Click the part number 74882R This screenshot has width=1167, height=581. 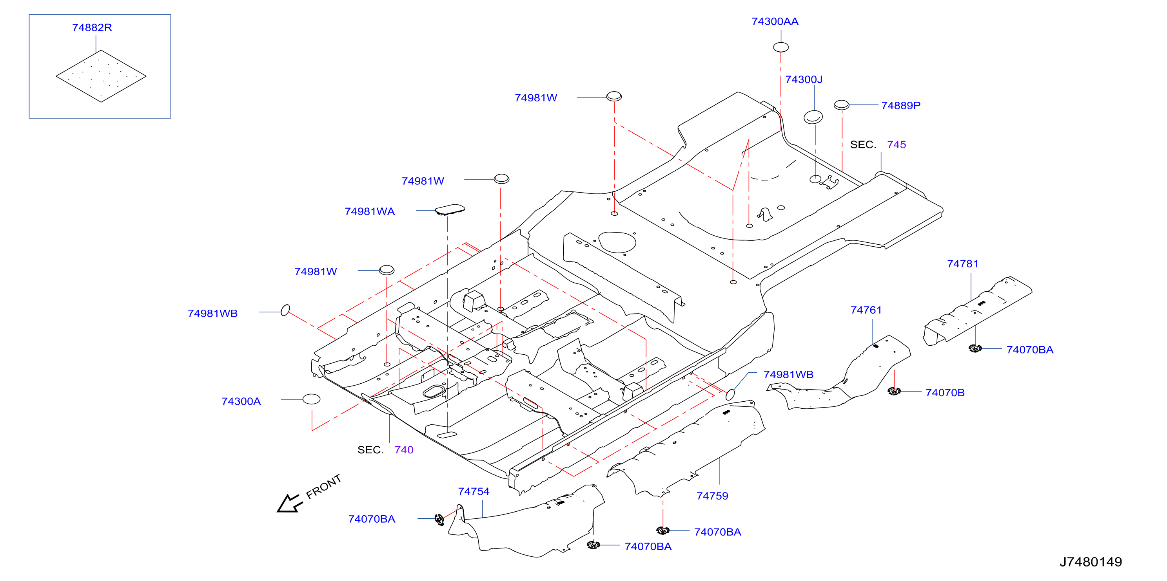pyautogui.click(x=92, y=28)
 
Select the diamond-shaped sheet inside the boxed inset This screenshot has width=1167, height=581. pyautogui.click(x=101, y=76)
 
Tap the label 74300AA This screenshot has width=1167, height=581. pyautogui.click(x=775, y=22)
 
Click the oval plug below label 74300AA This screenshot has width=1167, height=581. pyautogui.click(x=780, y=47)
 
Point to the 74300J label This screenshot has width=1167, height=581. pyautogui.click(x=804, y=79)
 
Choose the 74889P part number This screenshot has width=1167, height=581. pyautogui.click(x=900, y=105)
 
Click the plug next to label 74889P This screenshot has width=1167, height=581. pyautogui.click(x=841, y=105)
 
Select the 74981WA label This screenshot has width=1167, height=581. pyautogui.click(x=370, y=211)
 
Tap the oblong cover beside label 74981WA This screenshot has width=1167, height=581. pyautogui.click(x=450, y=209)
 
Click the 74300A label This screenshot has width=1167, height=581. pyautogui.click(x=241, y=401)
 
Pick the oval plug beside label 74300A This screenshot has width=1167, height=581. pyautogui.click(x=311, y=399)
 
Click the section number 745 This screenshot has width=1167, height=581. pyautogui.click(x=897, y=145)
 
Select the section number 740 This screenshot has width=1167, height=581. pyautogui.click(x=404, y=450)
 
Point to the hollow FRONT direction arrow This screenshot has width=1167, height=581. pyautogui.click(x=290, y=503)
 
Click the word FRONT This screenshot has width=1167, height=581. pyautogui.click(x=323, y=487)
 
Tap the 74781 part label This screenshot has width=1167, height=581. pyautogui.click(x=963, y=264)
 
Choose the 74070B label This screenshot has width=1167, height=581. pyautogui.click(x=945, y=393)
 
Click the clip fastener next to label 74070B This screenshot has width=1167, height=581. pyautogui.click(x=894, y=392)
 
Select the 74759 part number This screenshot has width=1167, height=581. pyautogui.click(x=712, y=496)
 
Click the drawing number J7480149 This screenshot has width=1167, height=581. pyautogui.click(x=1091, y=562)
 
